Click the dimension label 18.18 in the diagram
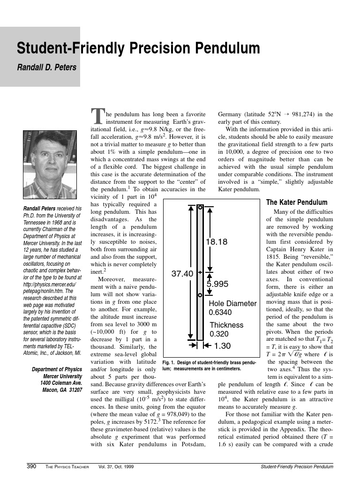[217, 242]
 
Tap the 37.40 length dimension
[182, 274]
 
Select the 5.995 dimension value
[217, 284]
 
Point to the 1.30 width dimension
[222, 346]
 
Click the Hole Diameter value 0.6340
[220, 312]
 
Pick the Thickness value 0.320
[218, 334]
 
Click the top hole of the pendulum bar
[200, 207]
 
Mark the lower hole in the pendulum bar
[200, 295]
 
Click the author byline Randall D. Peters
[46, 67]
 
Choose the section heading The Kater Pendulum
[297, 202]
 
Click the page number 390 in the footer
[31, 466]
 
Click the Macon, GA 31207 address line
[62, 390]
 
